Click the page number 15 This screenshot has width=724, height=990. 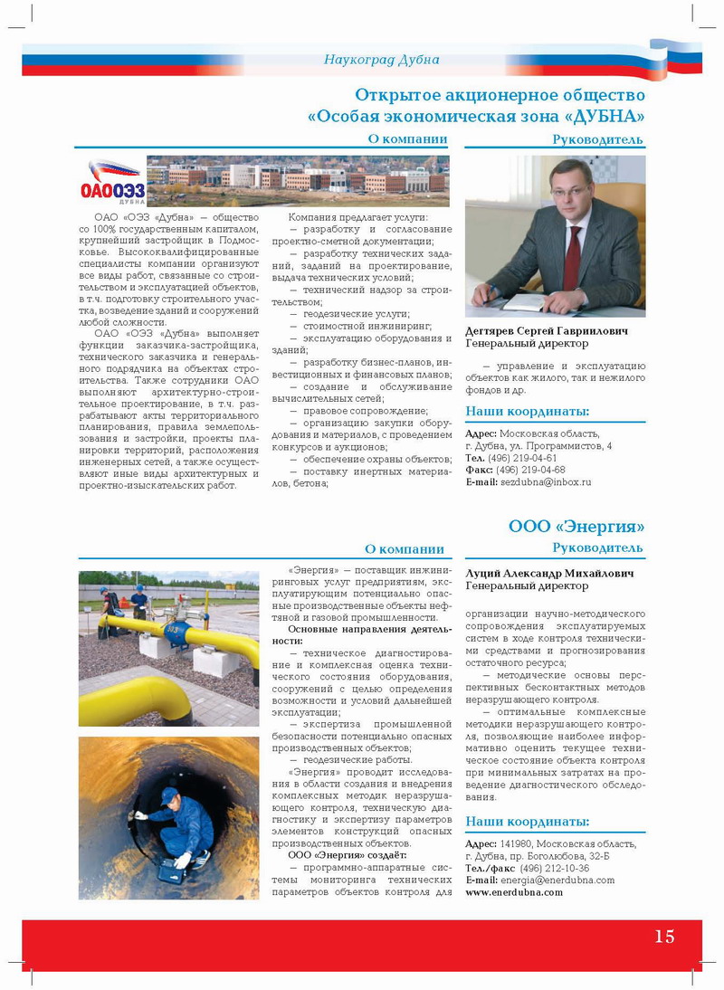pyautogui.click(x=664, y=937)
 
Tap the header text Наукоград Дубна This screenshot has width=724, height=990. pyautogui.click(x=381, y=60)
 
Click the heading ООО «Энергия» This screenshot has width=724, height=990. pyautogui.click(x=576, y=527)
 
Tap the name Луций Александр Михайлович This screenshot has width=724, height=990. pyautogui.click(x=549, y=574)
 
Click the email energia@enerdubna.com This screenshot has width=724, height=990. pyautogui.click(x=553, y=880)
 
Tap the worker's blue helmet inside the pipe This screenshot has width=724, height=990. pyautogui.click(x=169, y=795)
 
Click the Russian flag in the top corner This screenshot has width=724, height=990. pyautogui.click(x=675, y=56)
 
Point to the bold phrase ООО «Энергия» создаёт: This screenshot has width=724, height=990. pyautogui.click(x=347, y=854)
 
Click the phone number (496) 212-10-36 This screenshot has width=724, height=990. pyautogui.click(x=554, y=868)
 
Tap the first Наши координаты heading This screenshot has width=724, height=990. pyautogui.click(x=527, y=412)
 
